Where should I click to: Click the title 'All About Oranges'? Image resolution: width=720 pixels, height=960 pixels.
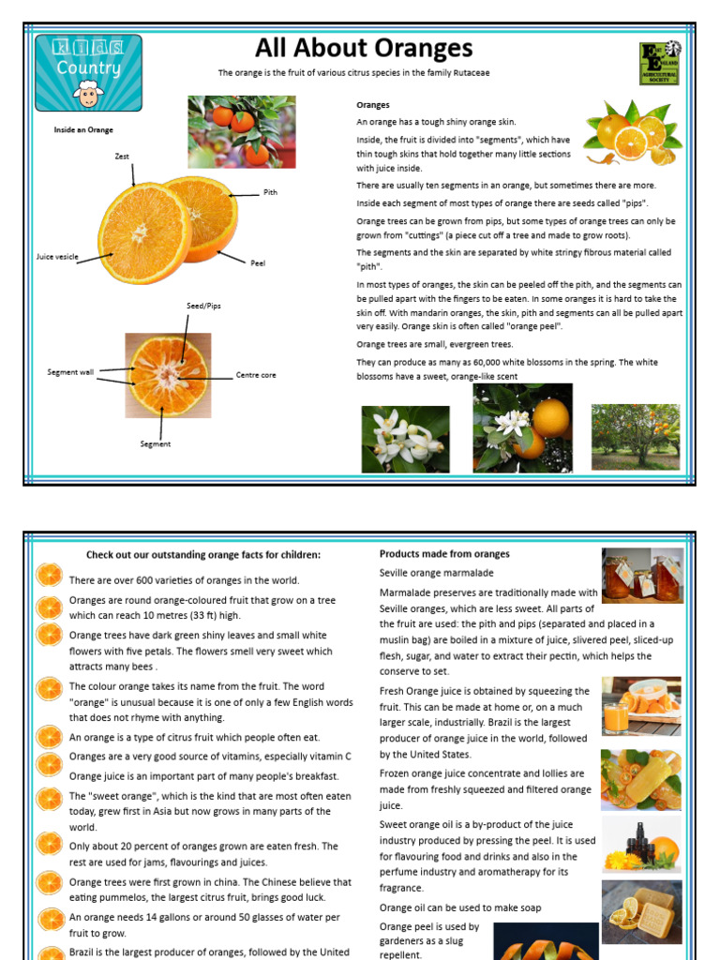tap(364, 49)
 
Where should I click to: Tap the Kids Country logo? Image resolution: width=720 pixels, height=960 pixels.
tap(88, 72)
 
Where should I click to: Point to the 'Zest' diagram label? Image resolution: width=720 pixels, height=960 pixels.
tap(122, 157)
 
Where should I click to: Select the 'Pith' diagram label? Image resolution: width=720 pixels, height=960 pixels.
tap(270, 192)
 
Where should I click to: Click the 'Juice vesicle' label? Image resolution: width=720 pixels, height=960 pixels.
tap(57, 256)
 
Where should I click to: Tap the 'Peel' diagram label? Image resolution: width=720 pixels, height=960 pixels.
tap(258, 263)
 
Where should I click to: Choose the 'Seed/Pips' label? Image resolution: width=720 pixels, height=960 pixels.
tap(203, 307)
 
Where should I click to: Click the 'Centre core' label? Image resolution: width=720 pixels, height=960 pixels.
tap(256, 375)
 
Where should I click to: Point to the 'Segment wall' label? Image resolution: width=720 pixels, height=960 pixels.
tap(70, 372)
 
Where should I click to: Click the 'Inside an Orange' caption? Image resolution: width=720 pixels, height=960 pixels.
tap(83, 130)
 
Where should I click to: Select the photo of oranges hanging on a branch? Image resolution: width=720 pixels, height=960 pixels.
tap(242, 131)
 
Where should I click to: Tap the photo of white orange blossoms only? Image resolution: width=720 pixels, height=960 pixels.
tap(405, 439)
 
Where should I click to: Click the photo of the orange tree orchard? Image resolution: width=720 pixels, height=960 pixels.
tap(636, 436)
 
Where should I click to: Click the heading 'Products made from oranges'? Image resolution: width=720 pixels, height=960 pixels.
tap(444, 554)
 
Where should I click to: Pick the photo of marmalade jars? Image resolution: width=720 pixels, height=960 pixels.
tap(641, 575)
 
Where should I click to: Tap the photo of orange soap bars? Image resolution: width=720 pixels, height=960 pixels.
tap(641, 910)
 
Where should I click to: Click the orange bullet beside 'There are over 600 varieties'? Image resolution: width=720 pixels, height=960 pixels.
tap(49, 574)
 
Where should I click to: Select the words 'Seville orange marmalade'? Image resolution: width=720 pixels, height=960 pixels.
tap(436, 573)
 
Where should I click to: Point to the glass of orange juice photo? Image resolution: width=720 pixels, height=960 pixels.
tap(641, 706)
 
